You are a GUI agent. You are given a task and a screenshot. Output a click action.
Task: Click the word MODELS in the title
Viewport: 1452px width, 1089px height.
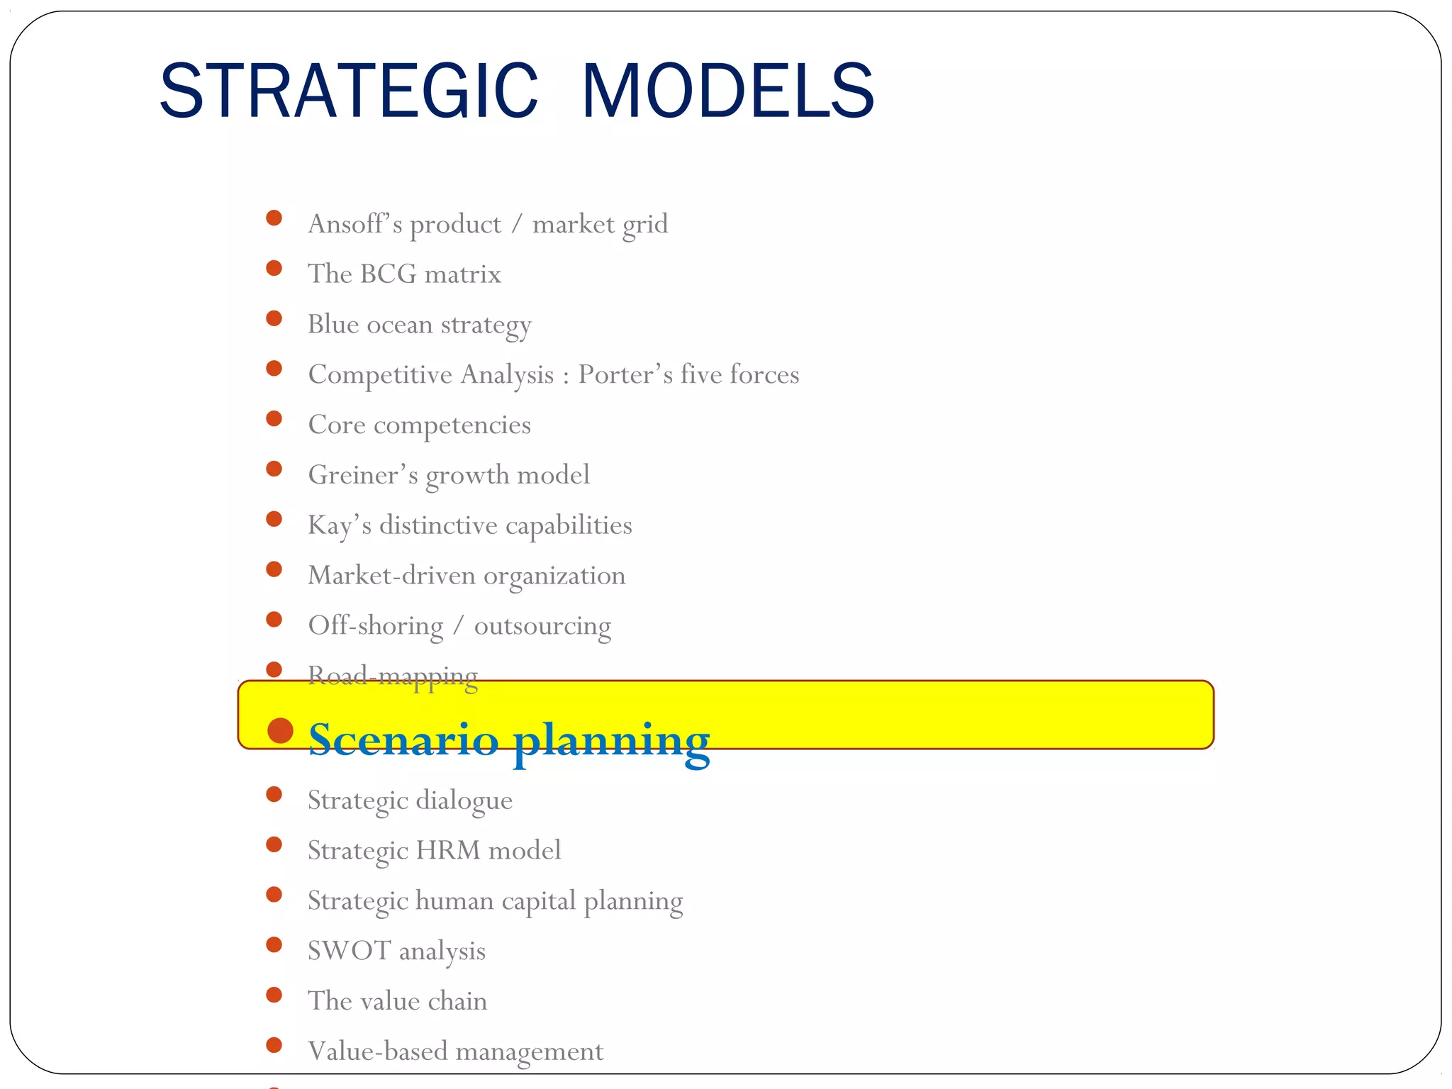coord(727,91)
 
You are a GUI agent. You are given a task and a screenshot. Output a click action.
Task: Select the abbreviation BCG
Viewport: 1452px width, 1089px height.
coord(388,274)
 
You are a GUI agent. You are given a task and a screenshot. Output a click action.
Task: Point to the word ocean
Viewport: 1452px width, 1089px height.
coord(399,325)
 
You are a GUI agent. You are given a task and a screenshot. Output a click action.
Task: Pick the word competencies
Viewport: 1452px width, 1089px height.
coord(452,425)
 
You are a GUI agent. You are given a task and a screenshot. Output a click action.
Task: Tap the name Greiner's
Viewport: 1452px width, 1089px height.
coord(362,475)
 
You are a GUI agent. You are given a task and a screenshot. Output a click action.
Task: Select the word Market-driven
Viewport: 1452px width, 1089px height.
coord(391,576)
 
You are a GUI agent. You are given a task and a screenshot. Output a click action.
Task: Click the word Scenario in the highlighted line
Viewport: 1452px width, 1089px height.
coord(403,739)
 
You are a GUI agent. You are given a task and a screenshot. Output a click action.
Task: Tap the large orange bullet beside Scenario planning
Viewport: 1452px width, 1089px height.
coord(281,731)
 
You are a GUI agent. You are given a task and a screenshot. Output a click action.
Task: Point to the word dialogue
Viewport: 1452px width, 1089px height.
coord(464,800)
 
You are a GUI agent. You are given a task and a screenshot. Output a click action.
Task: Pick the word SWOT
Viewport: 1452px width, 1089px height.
coord(349,951)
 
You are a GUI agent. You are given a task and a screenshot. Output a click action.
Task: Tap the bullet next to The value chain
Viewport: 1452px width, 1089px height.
coord(274,995)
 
